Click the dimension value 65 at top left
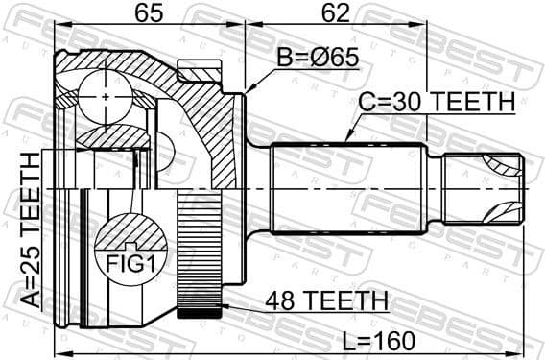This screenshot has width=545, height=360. pos(147,15)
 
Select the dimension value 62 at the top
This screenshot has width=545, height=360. pos(335,15)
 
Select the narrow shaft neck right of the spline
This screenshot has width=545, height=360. pos(433,187)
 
